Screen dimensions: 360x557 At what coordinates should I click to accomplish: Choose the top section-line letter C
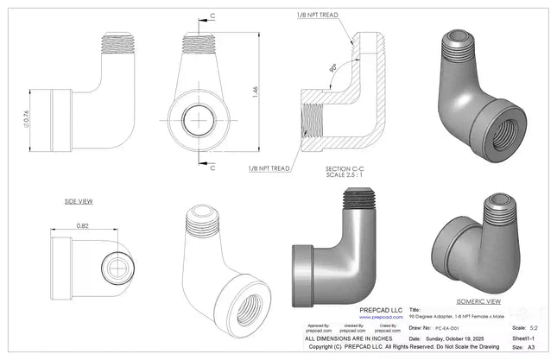click(x=212, y=16)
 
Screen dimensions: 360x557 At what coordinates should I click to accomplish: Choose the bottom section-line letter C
click(x=212, y=167)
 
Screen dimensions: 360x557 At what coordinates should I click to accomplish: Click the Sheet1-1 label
click(x=524, y=340)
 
